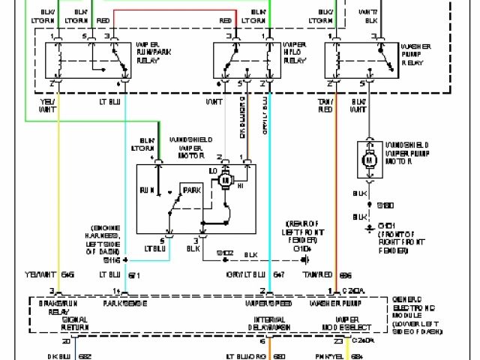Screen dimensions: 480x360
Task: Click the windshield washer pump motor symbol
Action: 370,159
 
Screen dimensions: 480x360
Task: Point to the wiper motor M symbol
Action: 231,178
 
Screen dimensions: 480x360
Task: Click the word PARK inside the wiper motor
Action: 192,189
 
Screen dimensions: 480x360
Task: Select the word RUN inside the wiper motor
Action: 147,190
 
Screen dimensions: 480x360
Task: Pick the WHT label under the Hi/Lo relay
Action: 214,100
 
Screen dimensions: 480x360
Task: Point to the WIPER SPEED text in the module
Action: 268,304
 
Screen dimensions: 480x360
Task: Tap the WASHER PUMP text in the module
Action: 332,304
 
